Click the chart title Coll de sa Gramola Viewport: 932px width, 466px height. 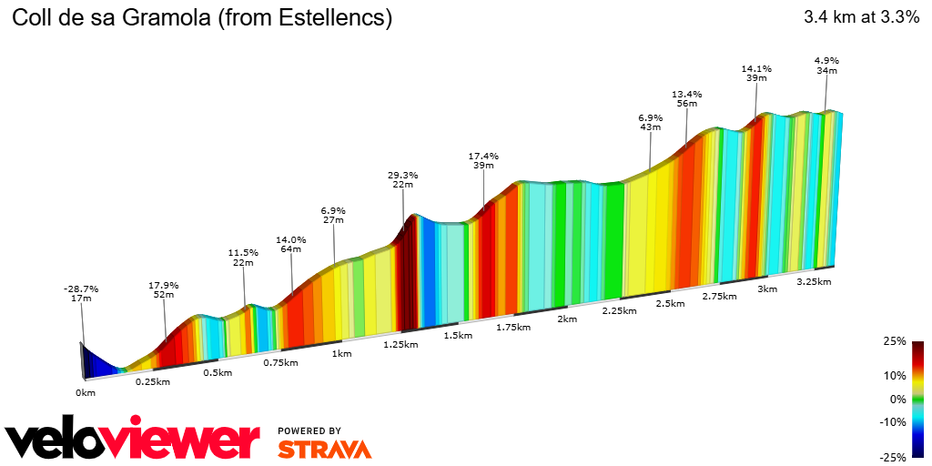[201, 18]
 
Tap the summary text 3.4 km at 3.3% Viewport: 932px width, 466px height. [861, 17]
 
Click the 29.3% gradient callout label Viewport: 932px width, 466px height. [402, 175]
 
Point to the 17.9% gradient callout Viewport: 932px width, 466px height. [164, 284]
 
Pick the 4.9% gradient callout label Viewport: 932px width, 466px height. [826, 61]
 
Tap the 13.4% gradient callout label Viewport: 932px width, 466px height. [687, 94]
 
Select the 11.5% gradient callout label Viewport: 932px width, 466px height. [243, 252]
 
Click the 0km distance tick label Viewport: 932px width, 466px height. [85, 392]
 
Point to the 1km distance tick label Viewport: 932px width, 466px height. [342, 353]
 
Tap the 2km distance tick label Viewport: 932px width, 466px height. [567, 319]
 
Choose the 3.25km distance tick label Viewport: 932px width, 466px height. [814, 281]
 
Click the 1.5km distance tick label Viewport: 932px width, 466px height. [457, 335]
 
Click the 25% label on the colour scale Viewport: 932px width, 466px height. [896, 342]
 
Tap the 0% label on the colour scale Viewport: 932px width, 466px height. [897, 399]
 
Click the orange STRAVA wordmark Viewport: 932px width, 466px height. [324, 449]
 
